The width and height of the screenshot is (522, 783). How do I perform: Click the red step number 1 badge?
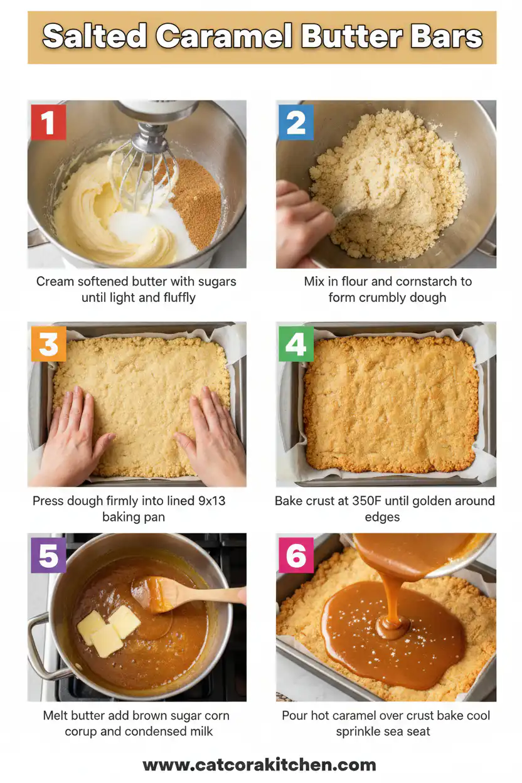coord(48,122)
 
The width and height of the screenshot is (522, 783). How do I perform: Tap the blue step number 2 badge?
coord(296,122)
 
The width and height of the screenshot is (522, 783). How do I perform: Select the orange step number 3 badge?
coord(48,344)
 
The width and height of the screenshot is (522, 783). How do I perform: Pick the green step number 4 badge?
coord(296,344)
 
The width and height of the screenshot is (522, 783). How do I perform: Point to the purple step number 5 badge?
coord(48,555)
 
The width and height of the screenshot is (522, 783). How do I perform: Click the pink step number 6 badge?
coord(296,555)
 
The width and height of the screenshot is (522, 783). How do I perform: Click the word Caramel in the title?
coord(224,37)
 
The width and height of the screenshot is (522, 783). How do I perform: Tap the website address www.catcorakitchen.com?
coord(260,765)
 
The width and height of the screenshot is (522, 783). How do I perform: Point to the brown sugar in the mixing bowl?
coord(196,201)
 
